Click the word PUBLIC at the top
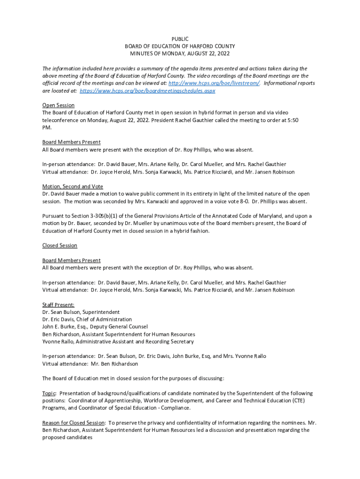pos(180,39)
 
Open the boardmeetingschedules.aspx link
pos(148,91)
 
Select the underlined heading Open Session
pos(58,105)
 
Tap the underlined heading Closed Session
pos(60,246)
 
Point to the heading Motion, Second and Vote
pos(72,186)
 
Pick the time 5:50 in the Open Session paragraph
pos(292,120)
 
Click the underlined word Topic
pos(49,393)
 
